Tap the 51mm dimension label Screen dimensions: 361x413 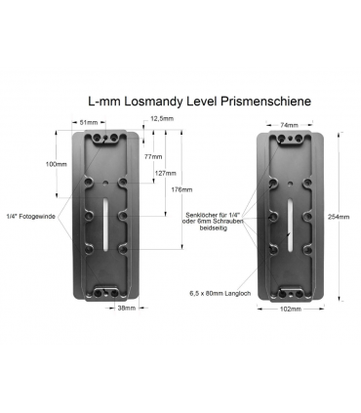(89, 122)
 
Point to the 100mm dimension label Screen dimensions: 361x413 (57, 164)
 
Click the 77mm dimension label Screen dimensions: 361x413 (152, 156)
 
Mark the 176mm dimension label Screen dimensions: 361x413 (181, 189)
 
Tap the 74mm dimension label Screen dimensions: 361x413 (288, 126)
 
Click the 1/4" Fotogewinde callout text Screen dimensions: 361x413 (28, 216)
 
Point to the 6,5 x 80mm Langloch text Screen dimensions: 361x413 (221, 290)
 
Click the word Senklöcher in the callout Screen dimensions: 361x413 (202, 216)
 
